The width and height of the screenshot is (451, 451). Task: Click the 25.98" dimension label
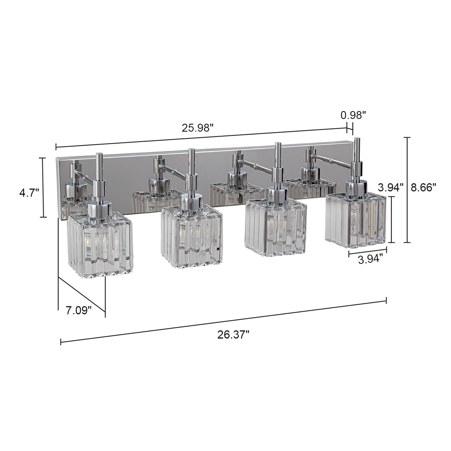(x=198, y=128)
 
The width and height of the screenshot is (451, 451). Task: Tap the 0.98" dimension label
(x=353, y=115)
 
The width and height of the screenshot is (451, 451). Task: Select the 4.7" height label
(x=29, y=193)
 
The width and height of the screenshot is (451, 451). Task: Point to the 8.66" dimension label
(x=423, y=188)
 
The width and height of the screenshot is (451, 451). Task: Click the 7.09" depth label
(x=78, y=311)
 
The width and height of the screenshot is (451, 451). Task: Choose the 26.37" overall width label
(x=233, y=335)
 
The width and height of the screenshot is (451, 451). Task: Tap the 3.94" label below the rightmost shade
(x=370, y=259)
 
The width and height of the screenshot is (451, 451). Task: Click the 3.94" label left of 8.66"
(x=391, y=188)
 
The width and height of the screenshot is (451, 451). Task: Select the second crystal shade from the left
(x=191, y=237)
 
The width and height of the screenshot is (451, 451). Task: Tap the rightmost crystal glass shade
(x=355, y=218)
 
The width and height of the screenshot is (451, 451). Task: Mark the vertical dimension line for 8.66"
(x=407, y=190)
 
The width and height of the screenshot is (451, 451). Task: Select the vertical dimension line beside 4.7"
(x=44, y=187)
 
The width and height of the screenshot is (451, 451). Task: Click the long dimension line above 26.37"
(x=223, y=321)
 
